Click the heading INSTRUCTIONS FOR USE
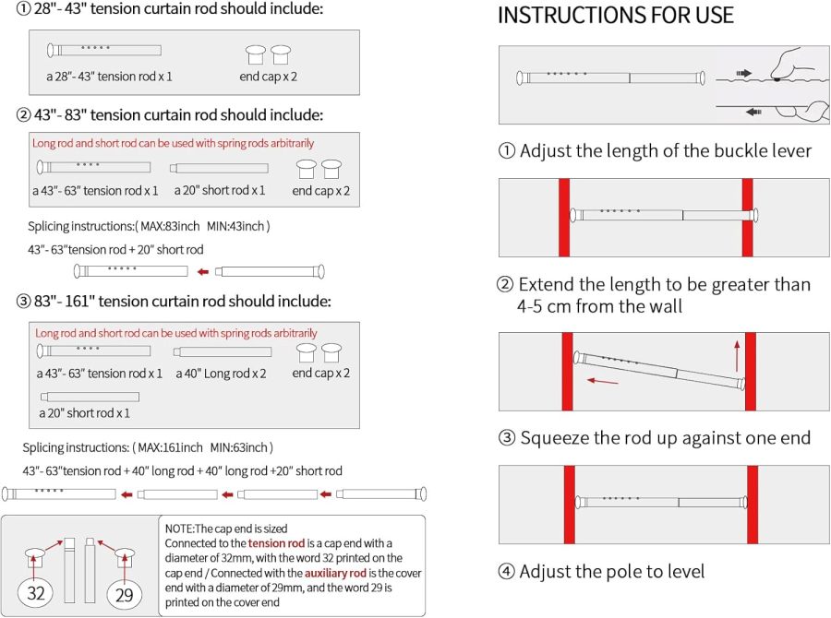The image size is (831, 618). [x=615, y=15]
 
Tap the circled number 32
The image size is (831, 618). [x=35, y=592]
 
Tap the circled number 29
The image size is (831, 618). [x=124, y=595]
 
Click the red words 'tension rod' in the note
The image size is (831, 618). [x=276, y=543]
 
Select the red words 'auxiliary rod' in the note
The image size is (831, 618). [x=335, y=573]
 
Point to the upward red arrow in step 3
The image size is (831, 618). [x=737, y=356]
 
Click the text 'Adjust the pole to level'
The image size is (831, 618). [x=611, y=571]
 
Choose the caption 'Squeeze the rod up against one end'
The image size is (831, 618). [x=665, y=438]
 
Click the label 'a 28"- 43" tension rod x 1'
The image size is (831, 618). [x=109, y=77]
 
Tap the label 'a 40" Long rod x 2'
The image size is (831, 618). [x=221, y=374]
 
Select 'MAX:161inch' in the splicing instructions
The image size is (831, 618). [x=170, y=447]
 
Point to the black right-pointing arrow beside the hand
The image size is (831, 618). [x=743, y=73]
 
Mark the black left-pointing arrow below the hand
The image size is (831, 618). [x=753, y=112]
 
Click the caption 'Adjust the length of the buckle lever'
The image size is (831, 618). [x=665, y=151]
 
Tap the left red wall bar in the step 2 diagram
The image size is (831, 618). [x=564, y=218]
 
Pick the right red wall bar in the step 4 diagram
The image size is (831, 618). [x=753, y=505]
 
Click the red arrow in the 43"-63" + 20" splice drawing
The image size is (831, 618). [x=203, y=272]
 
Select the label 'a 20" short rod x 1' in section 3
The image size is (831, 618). [x=84, y=413]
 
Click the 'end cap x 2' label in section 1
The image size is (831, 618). [x=268, y=77]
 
